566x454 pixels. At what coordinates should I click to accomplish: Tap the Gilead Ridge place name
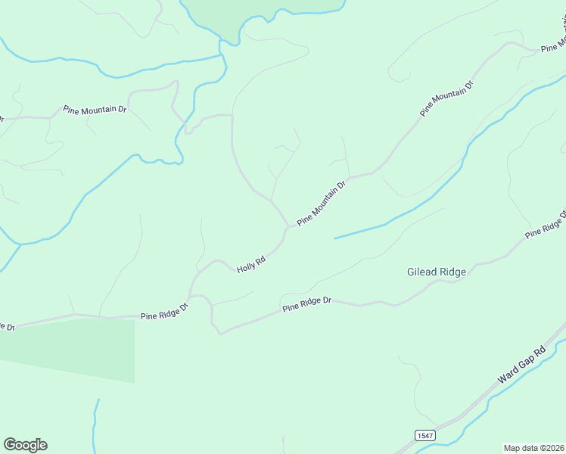[x=437, y=272]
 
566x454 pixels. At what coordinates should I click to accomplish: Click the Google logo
[x=25, y=445]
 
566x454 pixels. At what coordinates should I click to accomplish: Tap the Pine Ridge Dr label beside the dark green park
[x=163, y=312]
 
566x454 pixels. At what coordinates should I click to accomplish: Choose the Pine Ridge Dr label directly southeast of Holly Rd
[x=307, y=304]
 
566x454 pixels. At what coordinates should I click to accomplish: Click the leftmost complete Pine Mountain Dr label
[x=95, y=110]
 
